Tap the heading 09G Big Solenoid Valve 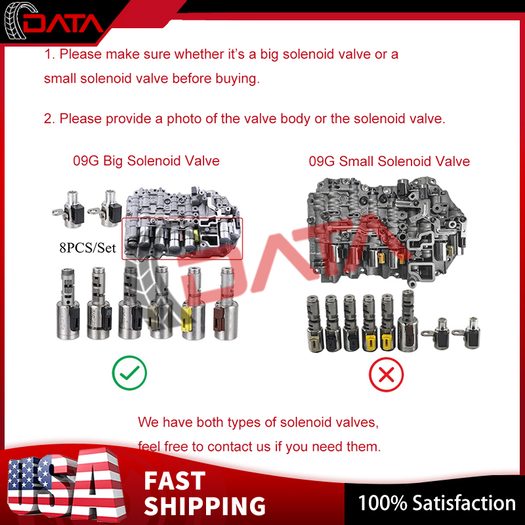[x=146, y=161]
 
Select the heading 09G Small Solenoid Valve [x=389, y=161]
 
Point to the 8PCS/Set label [x=88, y=248]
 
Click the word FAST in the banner [x=175, y=480]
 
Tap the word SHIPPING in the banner [x=205, y=506]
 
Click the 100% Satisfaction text [x=437, y=503]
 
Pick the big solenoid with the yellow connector [x=193, y=304]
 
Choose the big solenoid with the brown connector [x=225, y=304]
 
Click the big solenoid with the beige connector [x=161, y=303]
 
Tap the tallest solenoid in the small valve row [x=408, y=321]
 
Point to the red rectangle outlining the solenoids [x=182, y=219]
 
